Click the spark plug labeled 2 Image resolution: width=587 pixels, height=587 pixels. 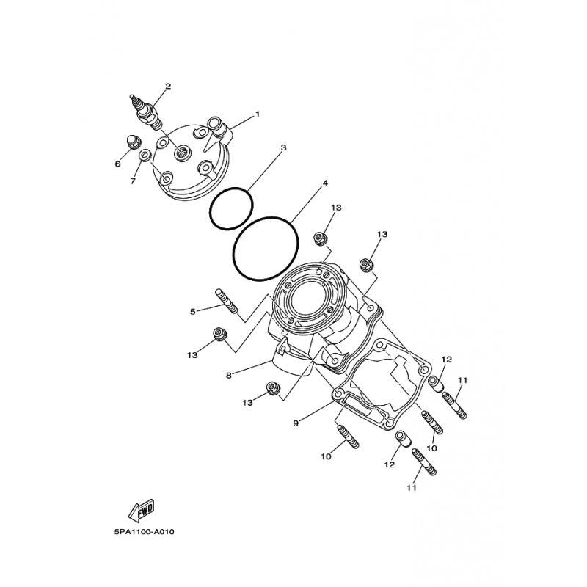147,112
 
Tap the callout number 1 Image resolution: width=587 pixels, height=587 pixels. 258,114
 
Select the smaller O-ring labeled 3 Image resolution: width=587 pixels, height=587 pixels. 231,208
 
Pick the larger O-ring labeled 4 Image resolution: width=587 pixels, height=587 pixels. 266,248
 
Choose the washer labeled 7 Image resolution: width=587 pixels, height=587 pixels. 145,155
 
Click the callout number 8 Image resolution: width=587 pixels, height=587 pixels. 229,375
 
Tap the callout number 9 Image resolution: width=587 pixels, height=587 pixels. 296,423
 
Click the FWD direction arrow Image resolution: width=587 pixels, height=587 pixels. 141,510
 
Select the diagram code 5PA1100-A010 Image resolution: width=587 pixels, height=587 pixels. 144,531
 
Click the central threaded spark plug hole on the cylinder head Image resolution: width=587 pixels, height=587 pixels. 182,153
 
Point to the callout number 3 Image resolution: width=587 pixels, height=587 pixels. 283,148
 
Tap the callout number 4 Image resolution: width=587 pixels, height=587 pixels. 325,183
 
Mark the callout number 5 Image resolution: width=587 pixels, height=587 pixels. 193,311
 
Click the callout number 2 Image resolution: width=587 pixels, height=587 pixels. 168,87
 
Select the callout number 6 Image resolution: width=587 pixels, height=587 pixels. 117,164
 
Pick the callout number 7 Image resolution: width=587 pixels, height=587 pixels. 133,181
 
